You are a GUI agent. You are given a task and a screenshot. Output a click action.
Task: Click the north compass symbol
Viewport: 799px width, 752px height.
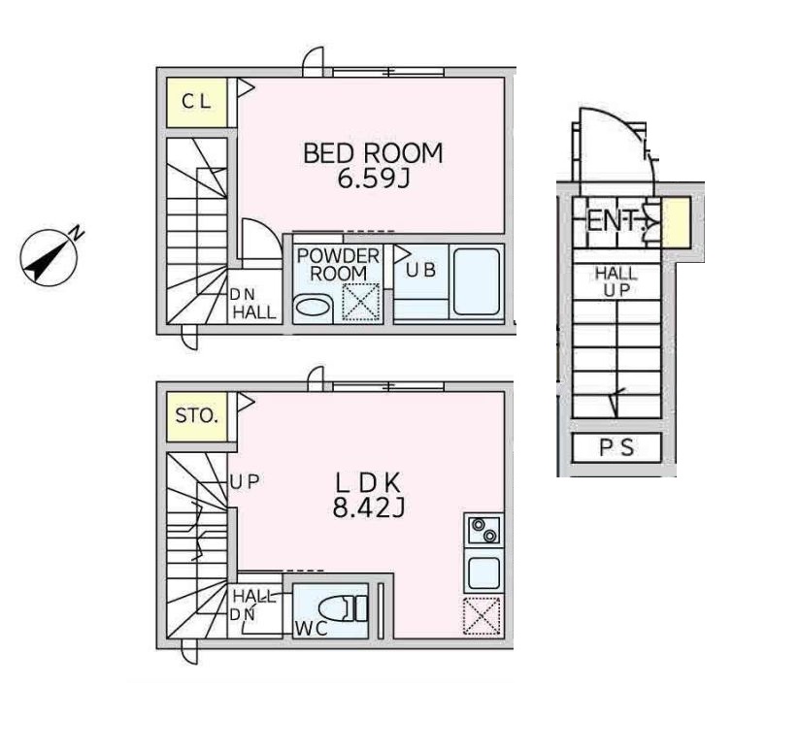pos(50,256)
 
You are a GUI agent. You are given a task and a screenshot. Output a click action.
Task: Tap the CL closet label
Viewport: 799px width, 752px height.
pos(196,102)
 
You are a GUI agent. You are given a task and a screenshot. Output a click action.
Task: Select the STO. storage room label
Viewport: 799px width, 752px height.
pos(197,416)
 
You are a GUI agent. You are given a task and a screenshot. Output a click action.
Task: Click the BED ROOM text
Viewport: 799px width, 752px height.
pos(373,153)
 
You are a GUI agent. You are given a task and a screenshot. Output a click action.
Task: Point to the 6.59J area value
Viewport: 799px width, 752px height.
pos(374,179)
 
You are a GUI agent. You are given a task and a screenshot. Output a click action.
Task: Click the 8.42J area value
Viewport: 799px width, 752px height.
pos(368,507)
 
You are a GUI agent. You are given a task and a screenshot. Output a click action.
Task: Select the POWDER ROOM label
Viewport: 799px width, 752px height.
pos(339,264)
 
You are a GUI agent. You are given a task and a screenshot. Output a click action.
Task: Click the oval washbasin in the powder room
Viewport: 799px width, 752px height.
pos(314,308)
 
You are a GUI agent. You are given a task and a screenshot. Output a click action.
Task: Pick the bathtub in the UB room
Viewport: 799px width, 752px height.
pos(476,281)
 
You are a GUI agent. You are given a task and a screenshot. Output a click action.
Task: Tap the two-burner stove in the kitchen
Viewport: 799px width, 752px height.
pos(483,530)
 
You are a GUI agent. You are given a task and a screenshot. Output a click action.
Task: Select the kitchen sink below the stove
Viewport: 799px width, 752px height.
pos(483,572)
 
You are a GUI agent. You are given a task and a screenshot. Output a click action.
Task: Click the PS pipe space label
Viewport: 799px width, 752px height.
pos(616,447)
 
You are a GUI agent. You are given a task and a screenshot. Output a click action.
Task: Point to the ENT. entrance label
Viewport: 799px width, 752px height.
pos(613,221)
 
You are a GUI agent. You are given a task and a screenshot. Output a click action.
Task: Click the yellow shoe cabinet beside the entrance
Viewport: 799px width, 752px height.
pos(677,222)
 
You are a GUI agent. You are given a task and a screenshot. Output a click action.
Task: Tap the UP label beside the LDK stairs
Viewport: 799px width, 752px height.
pos(245,481)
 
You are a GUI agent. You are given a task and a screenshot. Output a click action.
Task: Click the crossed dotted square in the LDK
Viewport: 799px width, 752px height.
pos(482,616)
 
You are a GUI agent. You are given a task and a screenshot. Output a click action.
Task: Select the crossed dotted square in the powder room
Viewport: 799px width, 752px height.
pos(361,302)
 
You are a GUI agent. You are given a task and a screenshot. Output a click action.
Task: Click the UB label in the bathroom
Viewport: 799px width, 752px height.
pos(421,270)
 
